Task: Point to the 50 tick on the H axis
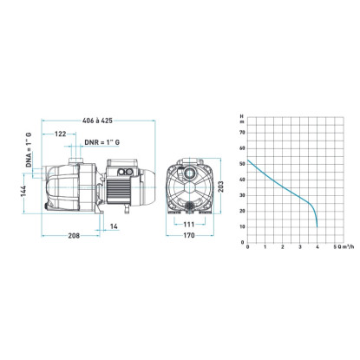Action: click(243, 161)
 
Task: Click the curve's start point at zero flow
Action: click(249, 160)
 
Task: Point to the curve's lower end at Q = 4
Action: click(317, 227)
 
